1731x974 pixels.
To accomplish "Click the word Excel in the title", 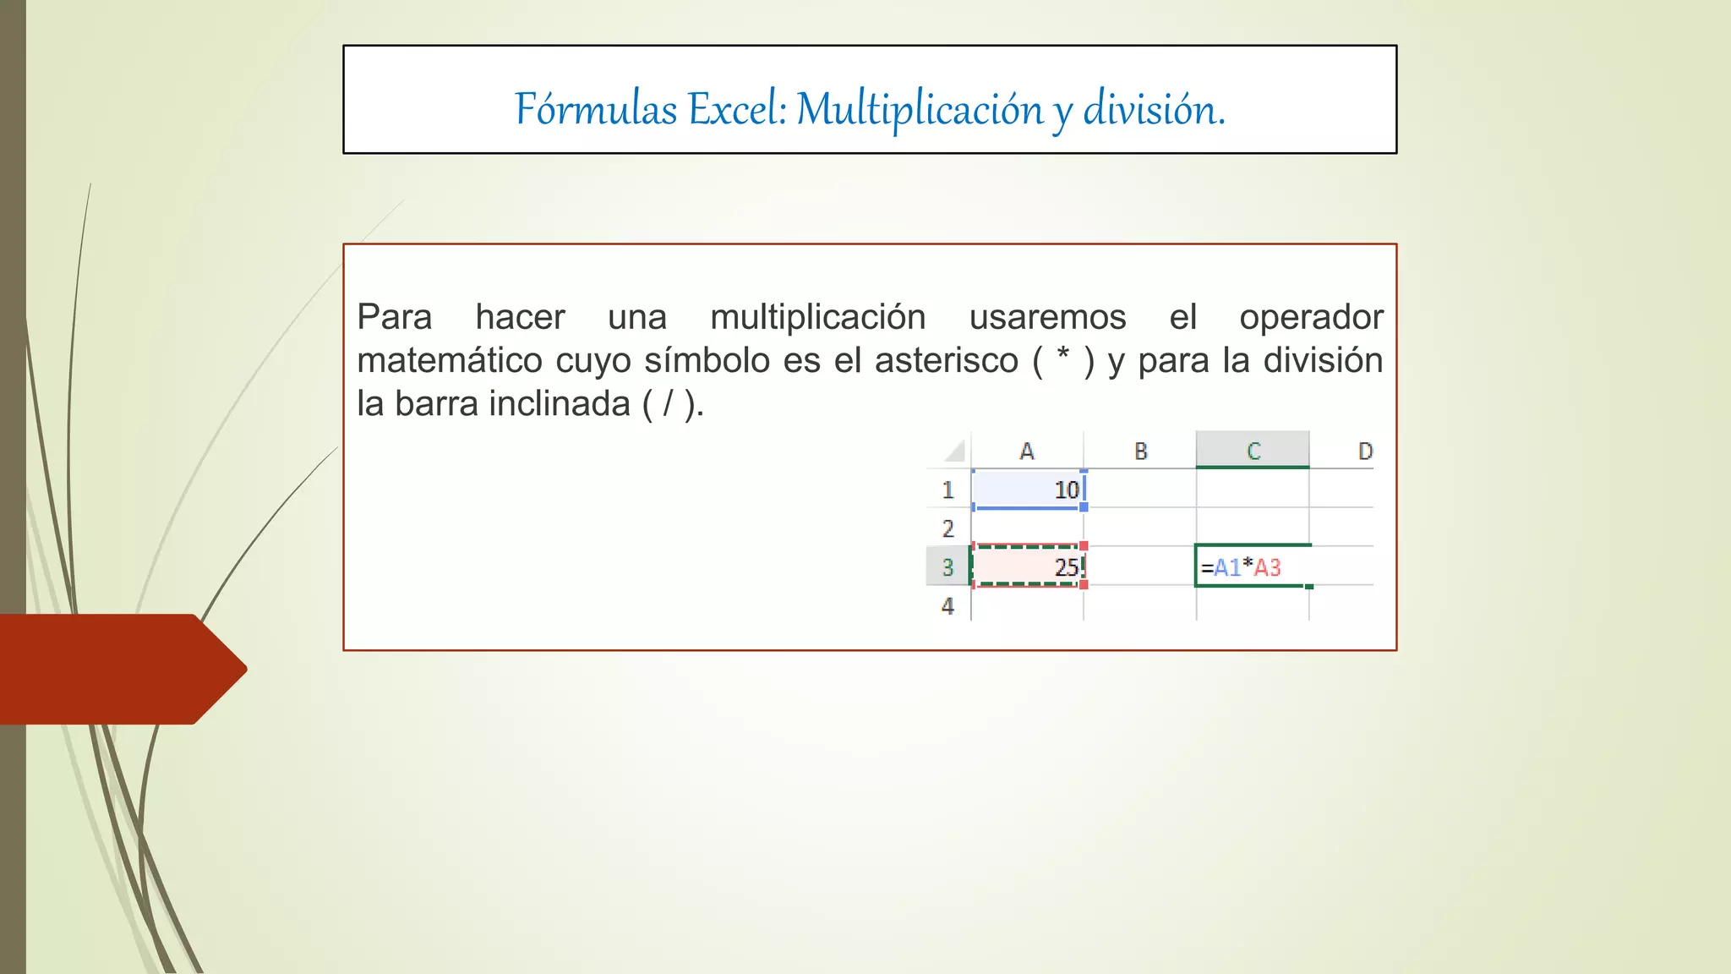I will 735,110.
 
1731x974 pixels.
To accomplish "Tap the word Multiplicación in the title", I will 920,110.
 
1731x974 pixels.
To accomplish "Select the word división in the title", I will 1153,110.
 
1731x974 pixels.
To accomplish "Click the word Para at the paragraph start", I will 394,318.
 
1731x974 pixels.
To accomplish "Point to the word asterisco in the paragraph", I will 946,361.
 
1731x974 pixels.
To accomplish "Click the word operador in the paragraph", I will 1310,318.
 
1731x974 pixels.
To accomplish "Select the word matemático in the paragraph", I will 450,361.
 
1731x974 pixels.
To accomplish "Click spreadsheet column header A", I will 1027,451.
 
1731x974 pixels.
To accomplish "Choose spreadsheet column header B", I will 1140,451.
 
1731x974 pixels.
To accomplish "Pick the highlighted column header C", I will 1253,451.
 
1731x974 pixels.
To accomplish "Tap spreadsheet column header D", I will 1364,451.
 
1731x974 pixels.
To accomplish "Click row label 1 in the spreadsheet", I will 947,490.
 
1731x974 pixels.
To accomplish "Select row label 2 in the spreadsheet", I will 947,528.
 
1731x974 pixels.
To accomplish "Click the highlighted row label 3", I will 947,567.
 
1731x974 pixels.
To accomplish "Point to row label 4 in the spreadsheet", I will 947,606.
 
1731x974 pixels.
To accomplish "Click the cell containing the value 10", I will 1028,490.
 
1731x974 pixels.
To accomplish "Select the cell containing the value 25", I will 1028,566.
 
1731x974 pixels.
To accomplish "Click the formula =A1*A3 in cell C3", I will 1242,567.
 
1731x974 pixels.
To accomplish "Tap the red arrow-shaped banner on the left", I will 118,669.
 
